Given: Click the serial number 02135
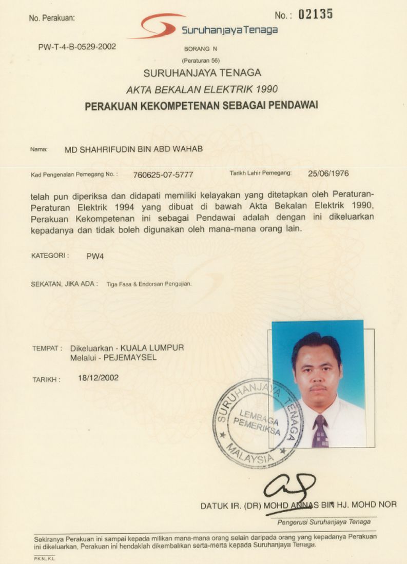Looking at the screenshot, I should [315, 14].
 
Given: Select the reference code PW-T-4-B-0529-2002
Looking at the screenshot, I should [77, 47].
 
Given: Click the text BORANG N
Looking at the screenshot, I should [201, 49].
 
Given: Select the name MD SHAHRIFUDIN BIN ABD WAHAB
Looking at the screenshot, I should [133, 149].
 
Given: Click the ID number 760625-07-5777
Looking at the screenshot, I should [163, 174].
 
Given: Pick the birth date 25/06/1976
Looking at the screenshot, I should [328, 173].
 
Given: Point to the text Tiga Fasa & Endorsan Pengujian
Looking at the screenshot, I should [149, 283].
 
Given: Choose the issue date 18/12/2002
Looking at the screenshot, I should [98, 378].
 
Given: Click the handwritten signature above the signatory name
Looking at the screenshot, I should [290, 488].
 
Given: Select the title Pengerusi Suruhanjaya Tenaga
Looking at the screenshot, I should [324, 522].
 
